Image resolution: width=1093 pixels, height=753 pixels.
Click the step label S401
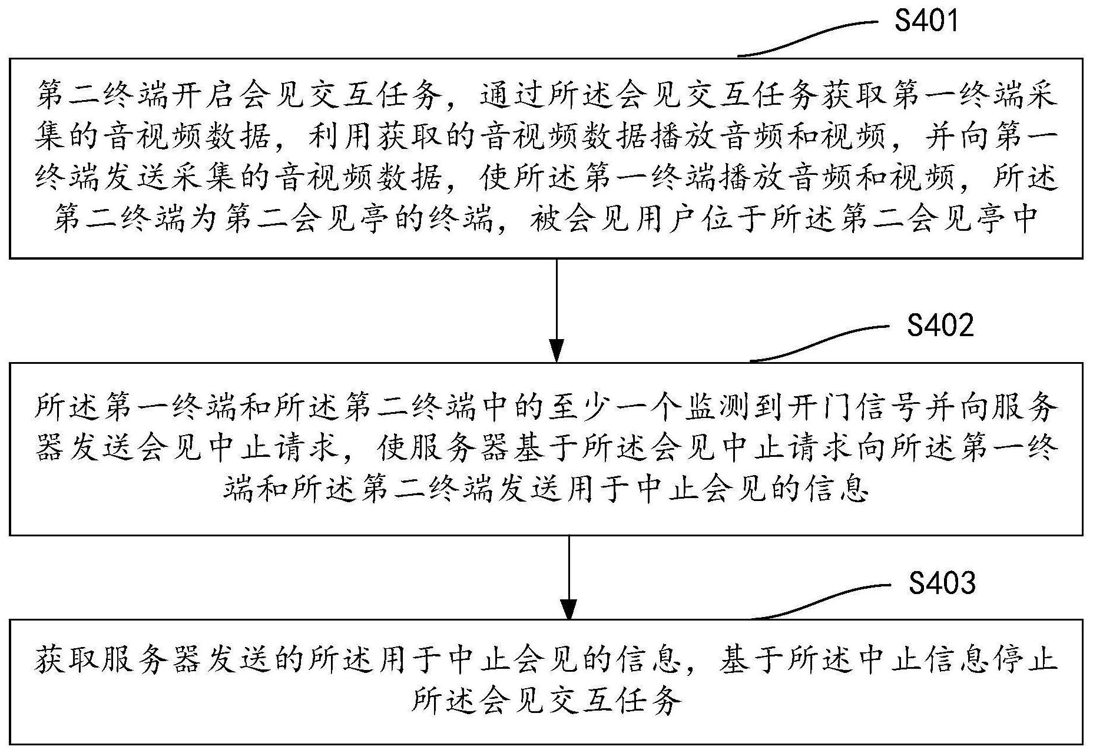926,21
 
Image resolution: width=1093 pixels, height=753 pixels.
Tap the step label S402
940,326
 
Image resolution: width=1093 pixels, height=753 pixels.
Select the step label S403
942,583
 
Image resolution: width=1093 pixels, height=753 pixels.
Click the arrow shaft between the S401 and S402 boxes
556,300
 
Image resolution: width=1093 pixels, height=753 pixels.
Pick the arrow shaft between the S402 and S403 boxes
568,568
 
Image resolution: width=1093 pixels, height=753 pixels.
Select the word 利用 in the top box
343,137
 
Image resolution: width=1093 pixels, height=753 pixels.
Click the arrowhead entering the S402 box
556,351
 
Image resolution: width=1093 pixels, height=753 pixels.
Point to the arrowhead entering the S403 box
568,609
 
